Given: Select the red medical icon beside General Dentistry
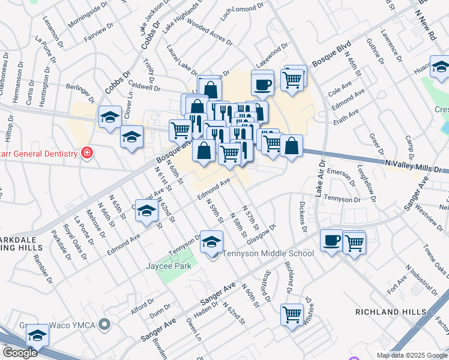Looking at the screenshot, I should (x=86, y=153).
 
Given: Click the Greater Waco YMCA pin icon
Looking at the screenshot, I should (x=105, y=325).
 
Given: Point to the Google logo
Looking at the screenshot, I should (x=20, y=353).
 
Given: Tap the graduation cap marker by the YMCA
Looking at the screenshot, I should (x=37, y=336).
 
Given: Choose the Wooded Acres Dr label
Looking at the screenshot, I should (x=209, y=31).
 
